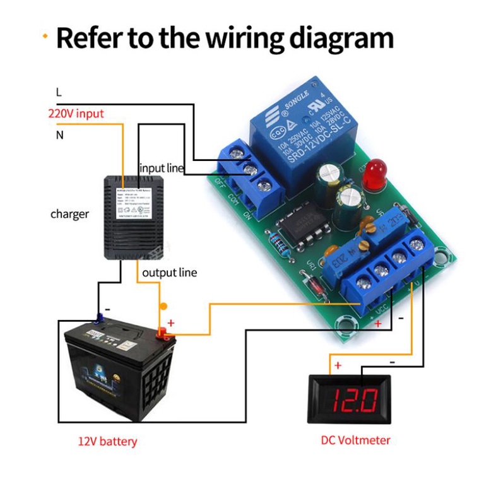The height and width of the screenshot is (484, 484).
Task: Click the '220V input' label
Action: [x=76, y=114]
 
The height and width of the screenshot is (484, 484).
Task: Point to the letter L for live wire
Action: [x=59, y=92]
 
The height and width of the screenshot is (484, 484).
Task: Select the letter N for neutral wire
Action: [x=59, y=134]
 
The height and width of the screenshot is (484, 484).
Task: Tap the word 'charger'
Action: [x=69, y=214]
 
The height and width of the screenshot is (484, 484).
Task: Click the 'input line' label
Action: [x=162, y=168]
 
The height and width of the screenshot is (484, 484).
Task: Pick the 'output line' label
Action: [x=169, y=273]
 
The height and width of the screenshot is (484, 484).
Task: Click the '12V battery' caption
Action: [x=107, y=441]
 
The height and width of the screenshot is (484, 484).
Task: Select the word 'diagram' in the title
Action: [x=340, y=38]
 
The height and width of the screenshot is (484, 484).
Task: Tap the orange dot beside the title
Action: [x=45, y=37]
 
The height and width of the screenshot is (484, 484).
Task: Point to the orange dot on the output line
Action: [x=163, y=307]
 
